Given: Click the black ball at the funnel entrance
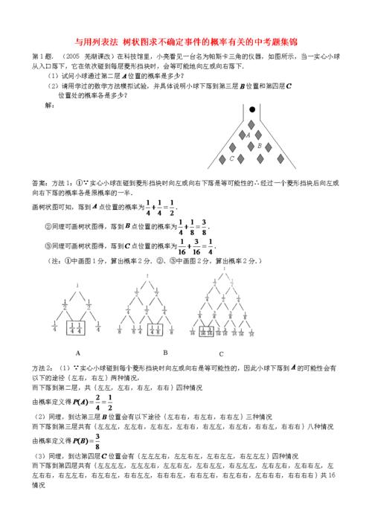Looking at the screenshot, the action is click(252, 109).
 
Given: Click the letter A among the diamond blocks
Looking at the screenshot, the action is click(247, 135).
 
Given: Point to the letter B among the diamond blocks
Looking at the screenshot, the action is click(258, 147).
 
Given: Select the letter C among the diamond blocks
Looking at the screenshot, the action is click(232, 158).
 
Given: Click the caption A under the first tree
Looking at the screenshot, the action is click(78, 353).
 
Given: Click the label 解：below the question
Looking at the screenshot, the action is click(50, 105).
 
